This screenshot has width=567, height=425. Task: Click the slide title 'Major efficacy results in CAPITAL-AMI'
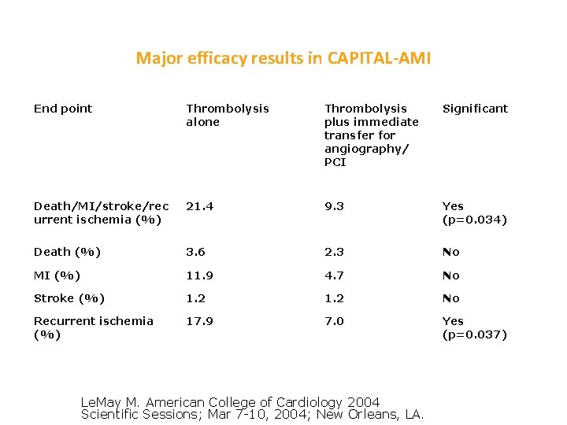click(283, 58)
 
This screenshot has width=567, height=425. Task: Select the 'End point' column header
click(63, 109)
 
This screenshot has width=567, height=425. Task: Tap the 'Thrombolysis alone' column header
click(227, 115)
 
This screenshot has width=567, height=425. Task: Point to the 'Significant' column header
click(475, 109)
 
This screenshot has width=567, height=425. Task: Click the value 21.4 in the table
click(200, 206)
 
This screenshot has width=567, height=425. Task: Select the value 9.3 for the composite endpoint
click(334, 206)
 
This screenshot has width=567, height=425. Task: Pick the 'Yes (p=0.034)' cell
click(474, 213)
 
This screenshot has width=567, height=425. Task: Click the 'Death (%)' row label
click(66, 252)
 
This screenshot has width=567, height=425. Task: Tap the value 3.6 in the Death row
click(196, 252)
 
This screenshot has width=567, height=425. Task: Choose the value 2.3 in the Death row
click(334, 252)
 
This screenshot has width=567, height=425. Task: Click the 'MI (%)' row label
click(57, 275)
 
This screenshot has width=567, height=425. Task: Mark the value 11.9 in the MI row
click(200, 275)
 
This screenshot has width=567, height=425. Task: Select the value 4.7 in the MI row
click(334, 275)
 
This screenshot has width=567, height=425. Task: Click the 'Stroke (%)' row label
click(69, 298)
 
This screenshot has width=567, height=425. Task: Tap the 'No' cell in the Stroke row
click(450, 298)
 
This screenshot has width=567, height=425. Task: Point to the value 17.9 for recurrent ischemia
click(200, 321)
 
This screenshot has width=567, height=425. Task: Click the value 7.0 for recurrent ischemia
click(334, 321)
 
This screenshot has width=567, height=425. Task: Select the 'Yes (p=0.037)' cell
click(474, 327)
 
